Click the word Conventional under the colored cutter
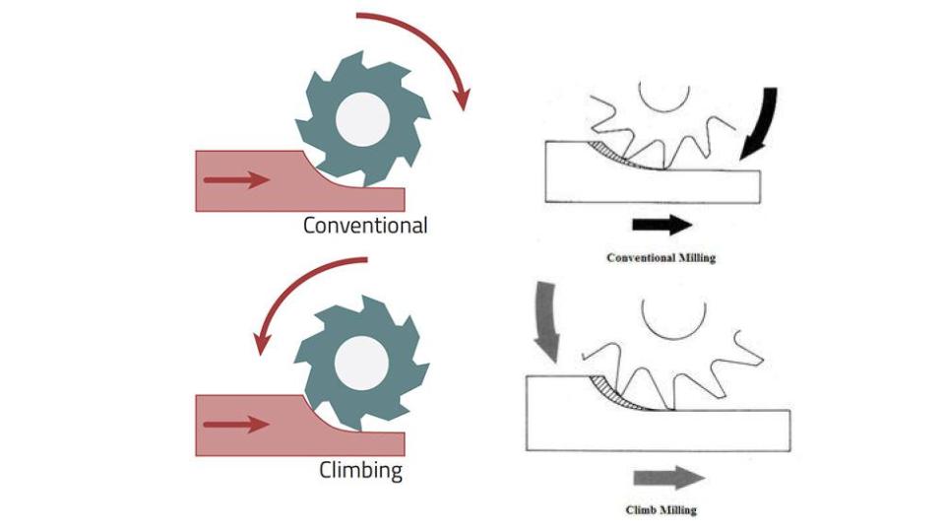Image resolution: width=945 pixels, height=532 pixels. pyautogui.click(x=365, y=226)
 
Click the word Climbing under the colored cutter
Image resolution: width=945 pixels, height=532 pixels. pyautogui.click(x=361, y=470)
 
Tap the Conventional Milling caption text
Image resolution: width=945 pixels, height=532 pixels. pyautogui.click(x=661, y=258)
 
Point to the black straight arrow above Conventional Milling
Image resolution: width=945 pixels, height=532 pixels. pyautogui.click(x=661, y=224)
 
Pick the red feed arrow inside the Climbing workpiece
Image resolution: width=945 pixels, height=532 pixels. pyautogui.click(x=235, y=425)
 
